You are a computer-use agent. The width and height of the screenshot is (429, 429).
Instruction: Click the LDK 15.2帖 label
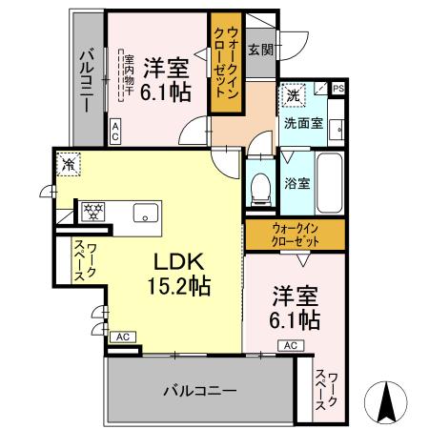pos(177,272)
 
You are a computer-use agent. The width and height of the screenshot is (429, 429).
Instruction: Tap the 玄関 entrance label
pos(259,50)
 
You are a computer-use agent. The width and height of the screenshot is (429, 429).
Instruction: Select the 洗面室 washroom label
pos(302,124)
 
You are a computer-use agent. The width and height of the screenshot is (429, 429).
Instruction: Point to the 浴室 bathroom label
pos(296,182)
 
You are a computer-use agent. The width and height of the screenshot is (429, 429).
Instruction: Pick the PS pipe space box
pos(338,89)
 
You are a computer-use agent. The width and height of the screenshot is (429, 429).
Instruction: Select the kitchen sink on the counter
pos(146,212)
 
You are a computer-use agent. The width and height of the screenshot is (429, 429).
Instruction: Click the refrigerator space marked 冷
pos(69,165)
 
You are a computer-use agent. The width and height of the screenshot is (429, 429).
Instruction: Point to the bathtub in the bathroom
pos(330,183)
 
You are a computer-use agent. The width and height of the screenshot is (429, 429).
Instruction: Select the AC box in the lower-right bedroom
pos(291,345)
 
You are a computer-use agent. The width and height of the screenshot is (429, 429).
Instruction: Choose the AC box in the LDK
pos(122,337)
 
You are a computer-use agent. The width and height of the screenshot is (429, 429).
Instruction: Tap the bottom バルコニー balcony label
pos(199,390)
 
